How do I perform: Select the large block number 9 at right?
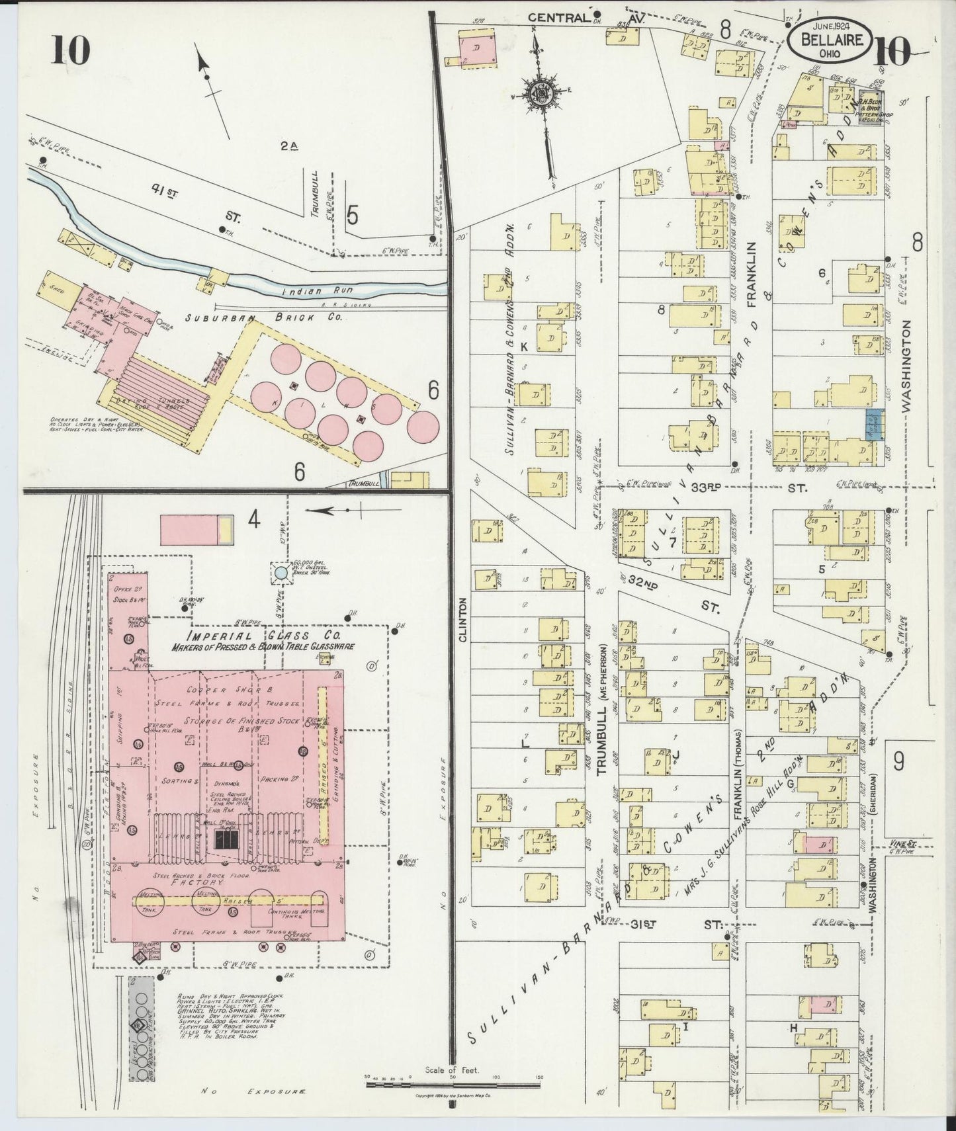pyautogui.click(x=898, y=763)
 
